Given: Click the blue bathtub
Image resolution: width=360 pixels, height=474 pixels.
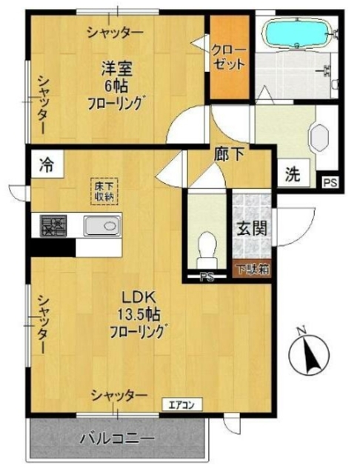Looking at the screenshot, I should pos(294,33).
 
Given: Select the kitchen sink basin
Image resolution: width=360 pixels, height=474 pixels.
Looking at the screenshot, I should pos(96,226).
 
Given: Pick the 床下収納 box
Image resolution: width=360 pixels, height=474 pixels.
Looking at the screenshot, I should pos(103,190).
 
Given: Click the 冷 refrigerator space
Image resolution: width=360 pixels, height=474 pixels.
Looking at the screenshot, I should pos(46,163).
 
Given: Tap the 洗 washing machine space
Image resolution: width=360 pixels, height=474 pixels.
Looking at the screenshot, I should pos(293,176).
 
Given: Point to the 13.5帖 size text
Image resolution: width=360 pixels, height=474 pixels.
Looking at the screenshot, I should pos(139,314).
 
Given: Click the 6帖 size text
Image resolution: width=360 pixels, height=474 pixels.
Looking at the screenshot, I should pos(116,85).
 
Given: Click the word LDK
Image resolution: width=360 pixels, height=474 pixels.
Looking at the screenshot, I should pos(139,298).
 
